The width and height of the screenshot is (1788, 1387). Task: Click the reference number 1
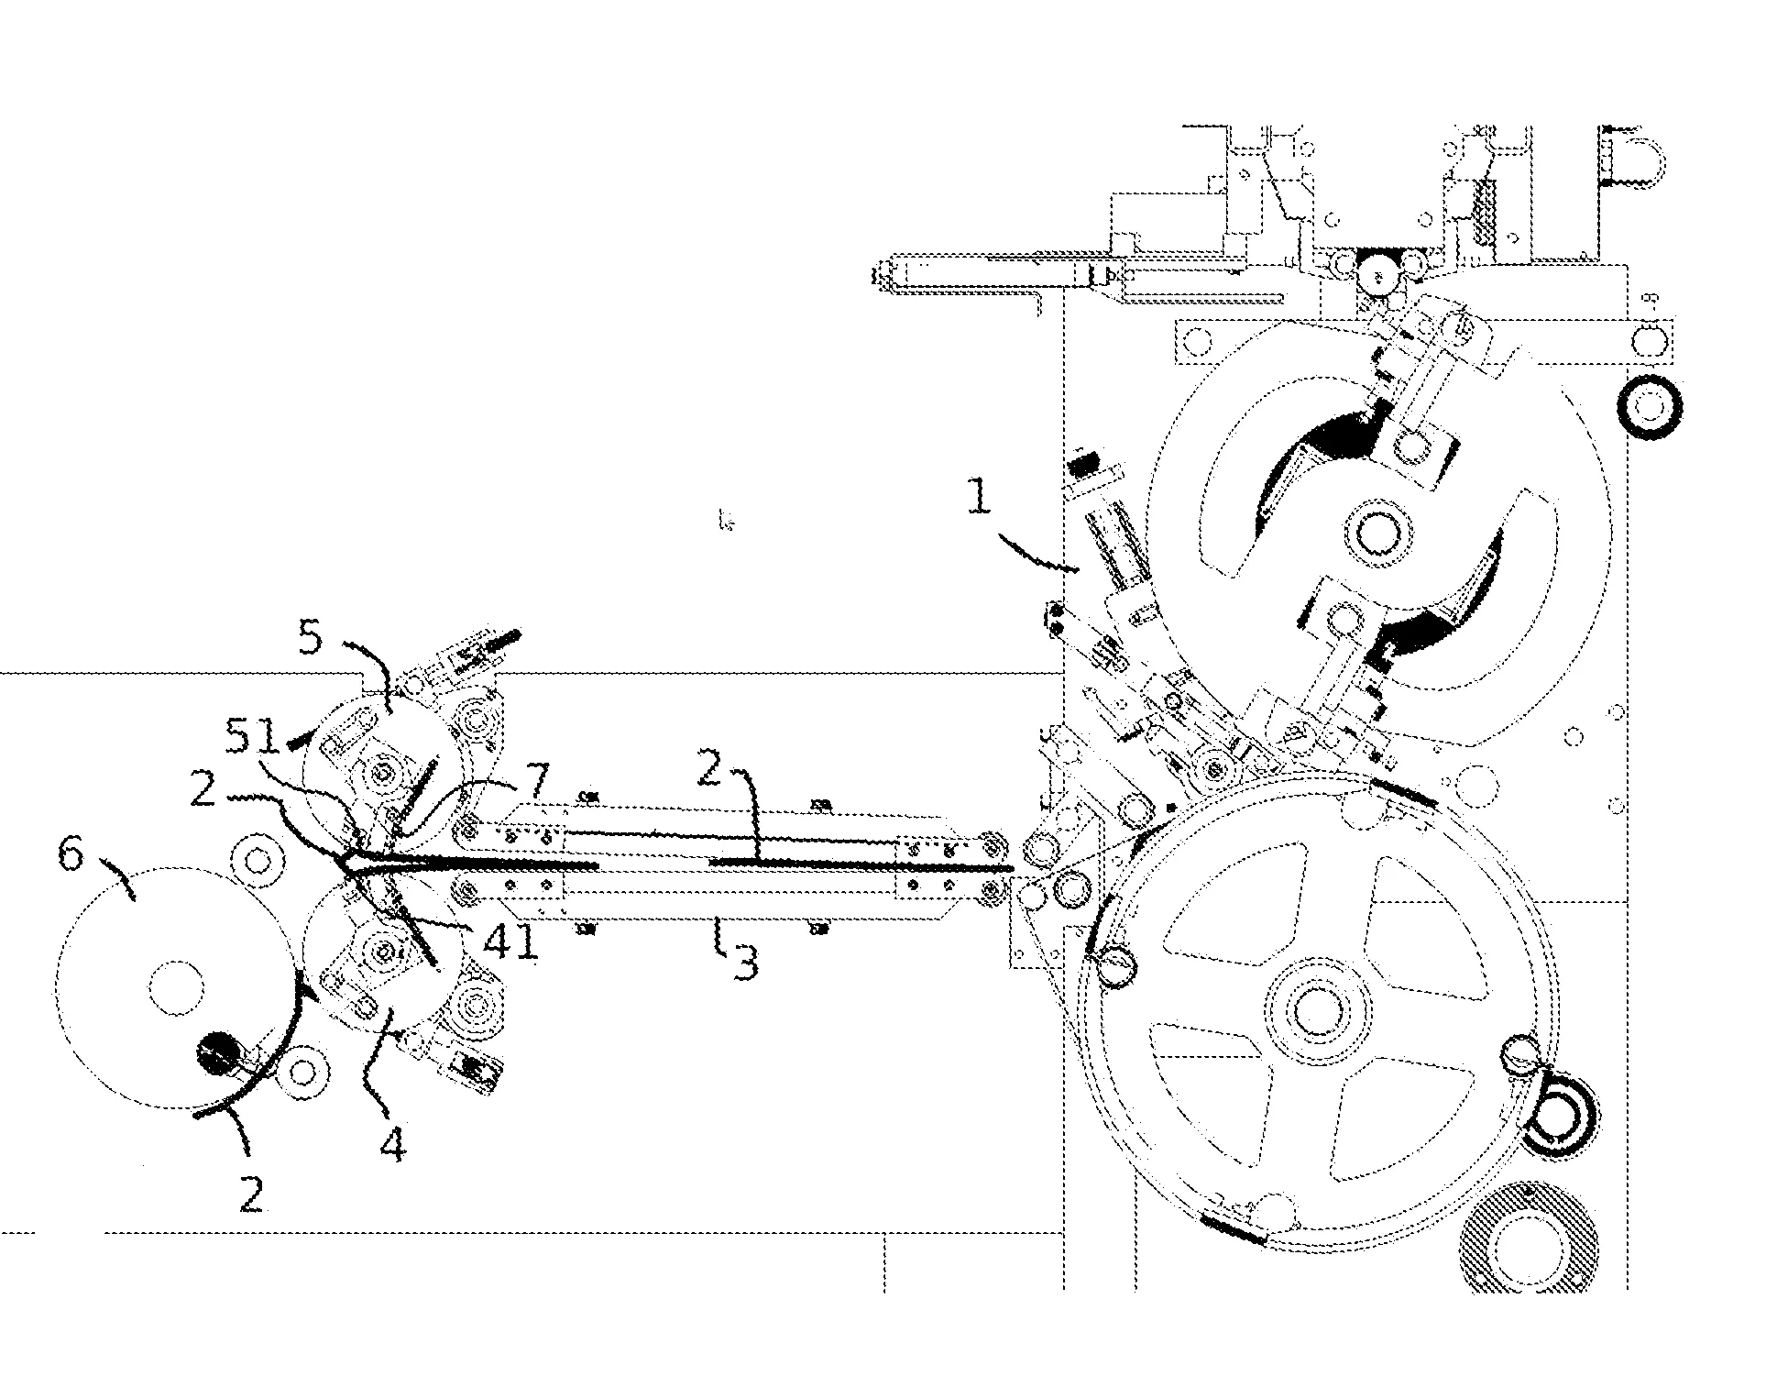coord(980,498)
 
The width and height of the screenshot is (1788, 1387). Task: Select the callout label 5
coord(311,636)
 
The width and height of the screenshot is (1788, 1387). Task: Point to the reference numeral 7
coord(535,781)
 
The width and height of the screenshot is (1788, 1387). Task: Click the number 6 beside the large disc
coord(71,855)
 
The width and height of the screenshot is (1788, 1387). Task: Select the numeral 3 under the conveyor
coord(745,963)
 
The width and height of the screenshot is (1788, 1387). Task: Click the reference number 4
coord(392,1145)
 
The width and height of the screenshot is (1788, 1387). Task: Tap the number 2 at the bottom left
coord(251,1194)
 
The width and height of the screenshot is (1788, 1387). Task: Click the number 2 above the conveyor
coord(709,768)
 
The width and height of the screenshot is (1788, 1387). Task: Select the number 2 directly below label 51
coord(203,788)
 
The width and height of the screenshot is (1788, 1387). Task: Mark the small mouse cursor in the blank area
coord(727,523)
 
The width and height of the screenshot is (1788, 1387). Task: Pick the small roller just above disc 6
coord(258,861)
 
